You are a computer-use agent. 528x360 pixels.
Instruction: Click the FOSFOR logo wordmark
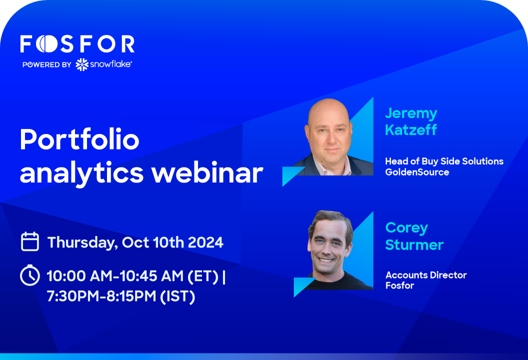click(77, 44)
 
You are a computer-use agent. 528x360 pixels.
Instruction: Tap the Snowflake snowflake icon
click(82, 64)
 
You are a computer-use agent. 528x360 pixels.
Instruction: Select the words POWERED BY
click(47, 64)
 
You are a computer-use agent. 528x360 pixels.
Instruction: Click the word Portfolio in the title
click(79, 139)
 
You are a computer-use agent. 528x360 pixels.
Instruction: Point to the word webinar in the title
click(207, 172)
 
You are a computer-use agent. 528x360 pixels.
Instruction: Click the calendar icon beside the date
click(30, 241)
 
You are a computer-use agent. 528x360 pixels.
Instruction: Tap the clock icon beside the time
click(30, 275)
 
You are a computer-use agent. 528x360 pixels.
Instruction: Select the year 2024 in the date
click(205, 242)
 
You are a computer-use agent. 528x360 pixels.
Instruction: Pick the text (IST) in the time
click(177, 296)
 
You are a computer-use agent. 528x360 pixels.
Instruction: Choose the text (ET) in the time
click(202, 276)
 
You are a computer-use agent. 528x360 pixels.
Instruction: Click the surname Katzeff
click(411, 130)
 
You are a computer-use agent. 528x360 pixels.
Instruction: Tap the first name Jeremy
click(411, 113)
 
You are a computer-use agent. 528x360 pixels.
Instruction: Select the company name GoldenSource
click(417, 172)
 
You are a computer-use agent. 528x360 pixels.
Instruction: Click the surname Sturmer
click(414, 245)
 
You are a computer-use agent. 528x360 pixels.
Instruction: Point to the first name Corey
click(406, 228)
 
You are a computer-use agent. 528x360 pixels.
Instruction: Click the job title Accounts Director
click(426, 275)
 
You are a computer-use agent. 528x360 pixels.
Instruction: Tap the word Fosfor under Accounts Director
click(399, 285)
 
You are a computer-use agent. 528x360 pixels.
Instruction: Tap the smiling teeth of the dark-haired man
click(325, 260)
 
